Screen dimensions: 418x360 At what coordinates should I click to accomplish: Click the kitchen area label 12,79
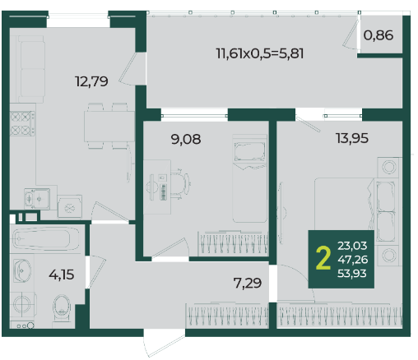pyautogui.click(x=91, y=81)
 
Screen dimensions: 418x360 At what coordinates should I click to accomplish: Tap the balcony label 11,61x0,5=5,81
pyautogui.click(x=260, y=53)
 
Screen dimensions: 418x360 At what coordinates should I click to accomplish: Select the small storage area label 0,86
pyautogui.click(x=379, y=35)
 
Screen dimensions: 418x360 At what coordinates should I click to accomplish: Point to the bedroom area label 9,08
pyautogui.click(x=186, y=139)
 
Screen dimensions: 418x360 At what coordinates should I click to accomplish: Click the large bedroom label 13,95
pyautogui.click(x=352, y=138)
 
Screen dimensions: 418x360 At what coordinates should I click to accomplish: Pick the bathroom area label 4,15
pyautogui.click(x=62, y=275)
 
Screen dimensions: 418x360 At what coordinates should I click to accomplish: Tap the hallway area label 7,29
pyautogui.click(x=248, y=283)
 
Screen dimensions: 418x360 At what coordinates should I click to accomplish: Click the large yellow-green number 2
pyautogui.click(x=323, y=258)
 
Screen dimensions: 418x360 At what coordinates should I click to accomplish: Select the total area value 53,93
pyautogui.click(x=352, y=274)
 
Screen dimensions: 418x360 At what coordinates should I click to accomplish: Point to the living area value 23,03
pyautogui.click(x=352, y=246)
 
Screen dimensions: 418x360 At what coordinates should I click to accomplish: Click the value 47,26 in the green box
pyautogui.click(x=353, y=260)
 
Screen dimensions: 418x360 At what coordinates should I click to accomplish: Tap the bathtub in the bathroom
pyautogui.click(x=46, y=239)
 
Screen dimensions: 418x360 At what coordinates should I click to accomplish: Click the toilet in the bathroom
pyautogui.click(x=62, y=309)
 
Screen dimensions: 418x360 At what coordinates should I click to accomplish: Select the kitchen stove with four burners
pyautogui.click(x=22, y=123)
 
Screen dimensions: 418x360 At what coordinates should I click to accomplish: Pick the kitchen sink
pyautogui.click(x=37, y=199)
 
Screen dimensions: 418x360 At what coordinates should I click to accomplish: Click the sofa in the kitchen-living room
pyautogui.click(x=30, y=69)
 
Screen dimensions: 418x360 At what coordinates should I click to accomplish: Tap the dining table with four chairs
pyautogui.click(x=109, y=126)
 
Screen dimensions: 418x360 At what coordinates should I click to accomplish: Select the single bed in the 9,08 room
pyautogui.click(x=249, y=178)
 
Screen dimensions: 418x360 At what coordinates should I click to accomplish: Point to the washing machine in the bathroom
pyautogui.click(x=23, y=304)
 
